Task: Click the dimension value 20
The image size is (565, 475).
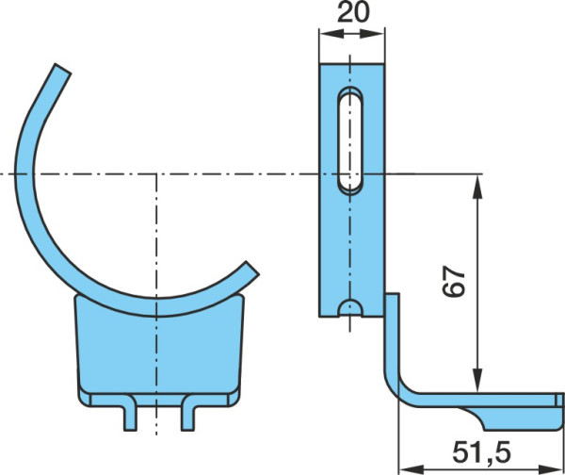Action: pyautogui.click(x=353, y=13)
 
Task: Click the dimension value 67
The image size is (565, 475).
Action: pyautogui.click(x=454, y=281)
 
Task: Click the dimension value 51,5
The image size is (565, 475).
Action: pyautogui.click(x=482, y=452)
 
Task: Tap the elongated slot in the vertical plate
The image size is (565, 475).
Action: pyautogui.click(x=350, y=141)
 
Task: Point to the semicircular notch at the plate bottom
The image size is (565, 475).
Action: pyautogui.click(x=350, y=307)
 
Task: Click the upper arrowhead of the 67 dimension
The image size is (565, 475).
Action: pyautogui.click(x=477, y=185)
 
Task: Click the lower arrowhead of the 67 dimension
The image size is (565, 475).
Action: pyautogui.click(x=477, y=381)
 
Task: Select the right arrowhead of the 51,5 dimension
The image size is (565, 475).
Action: pyautogui.click(x=550, y=469)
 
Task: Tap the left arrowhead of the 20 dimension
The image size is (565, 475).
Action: pyautogui.click(x=331, y=34)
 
